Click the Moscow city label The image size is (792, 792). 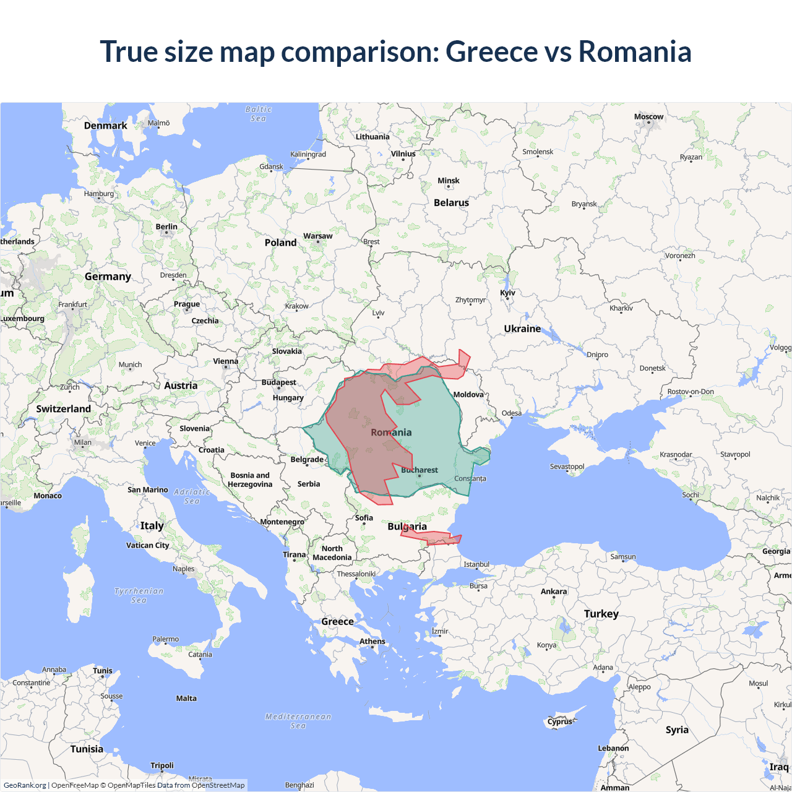(x=648, y=117)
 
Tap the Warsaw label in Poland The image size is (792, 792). (x=317, y=236)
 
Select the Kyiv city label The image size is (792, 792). (x=507, y=293)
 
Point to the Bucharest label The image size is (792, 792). (x=420, y=470)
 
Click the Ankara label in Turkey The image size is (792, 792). (x=554, y=592)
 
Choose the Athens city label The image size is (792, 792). (x=372, y=642)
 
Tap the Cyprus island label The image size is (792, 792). (x=560, y=721)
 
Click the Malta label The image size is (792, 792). (x=186, y=699)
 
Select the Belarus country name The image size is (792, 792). (x=451, y=203)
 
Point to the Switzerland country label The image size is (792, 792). (x=63, y=409)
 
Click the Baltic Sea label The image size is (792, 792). (x=258, y=114)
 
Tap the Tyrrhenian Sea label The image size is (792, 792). (x=139, y=595)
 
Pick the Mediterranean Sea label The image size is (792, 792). (x=298, y=721)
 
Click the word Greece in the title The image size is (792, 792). (x=492, y=51)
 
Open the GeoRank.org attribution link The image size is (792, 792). (x=25, y=785)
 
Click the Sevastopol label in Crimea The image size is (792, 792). (x=567, y=467)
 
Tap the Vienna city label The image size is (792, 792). (x=225, y=361)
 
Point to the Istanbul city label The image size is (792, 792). (x=476, y=564)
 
